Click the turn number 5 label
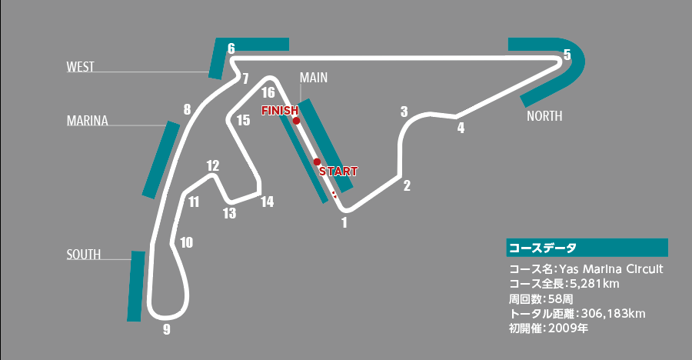coord(567,55)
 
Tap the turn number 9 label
coord(166,330)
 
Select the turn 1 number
coord(344,223)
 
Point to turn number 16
coord(268,93)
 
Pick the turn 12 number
coord(213,165)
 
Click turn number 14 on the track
coord(267,202)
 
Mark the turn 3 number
coord(404,112)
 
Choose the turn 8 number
coord(187,109)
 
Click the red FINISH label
coord(279,110)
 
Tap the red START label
coord(338,171)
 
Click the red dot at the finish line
coord(296,121)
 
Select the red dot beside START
coord(317,162)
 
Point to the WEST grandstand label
coord(80,67)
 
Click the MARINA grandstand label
coord(87,121)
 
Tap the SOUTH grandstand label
coord(83,255)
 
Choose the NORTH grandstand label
coord(544,116)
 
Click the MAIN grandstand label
coord(314,78)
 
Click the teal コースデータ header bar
coord(587,248)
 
